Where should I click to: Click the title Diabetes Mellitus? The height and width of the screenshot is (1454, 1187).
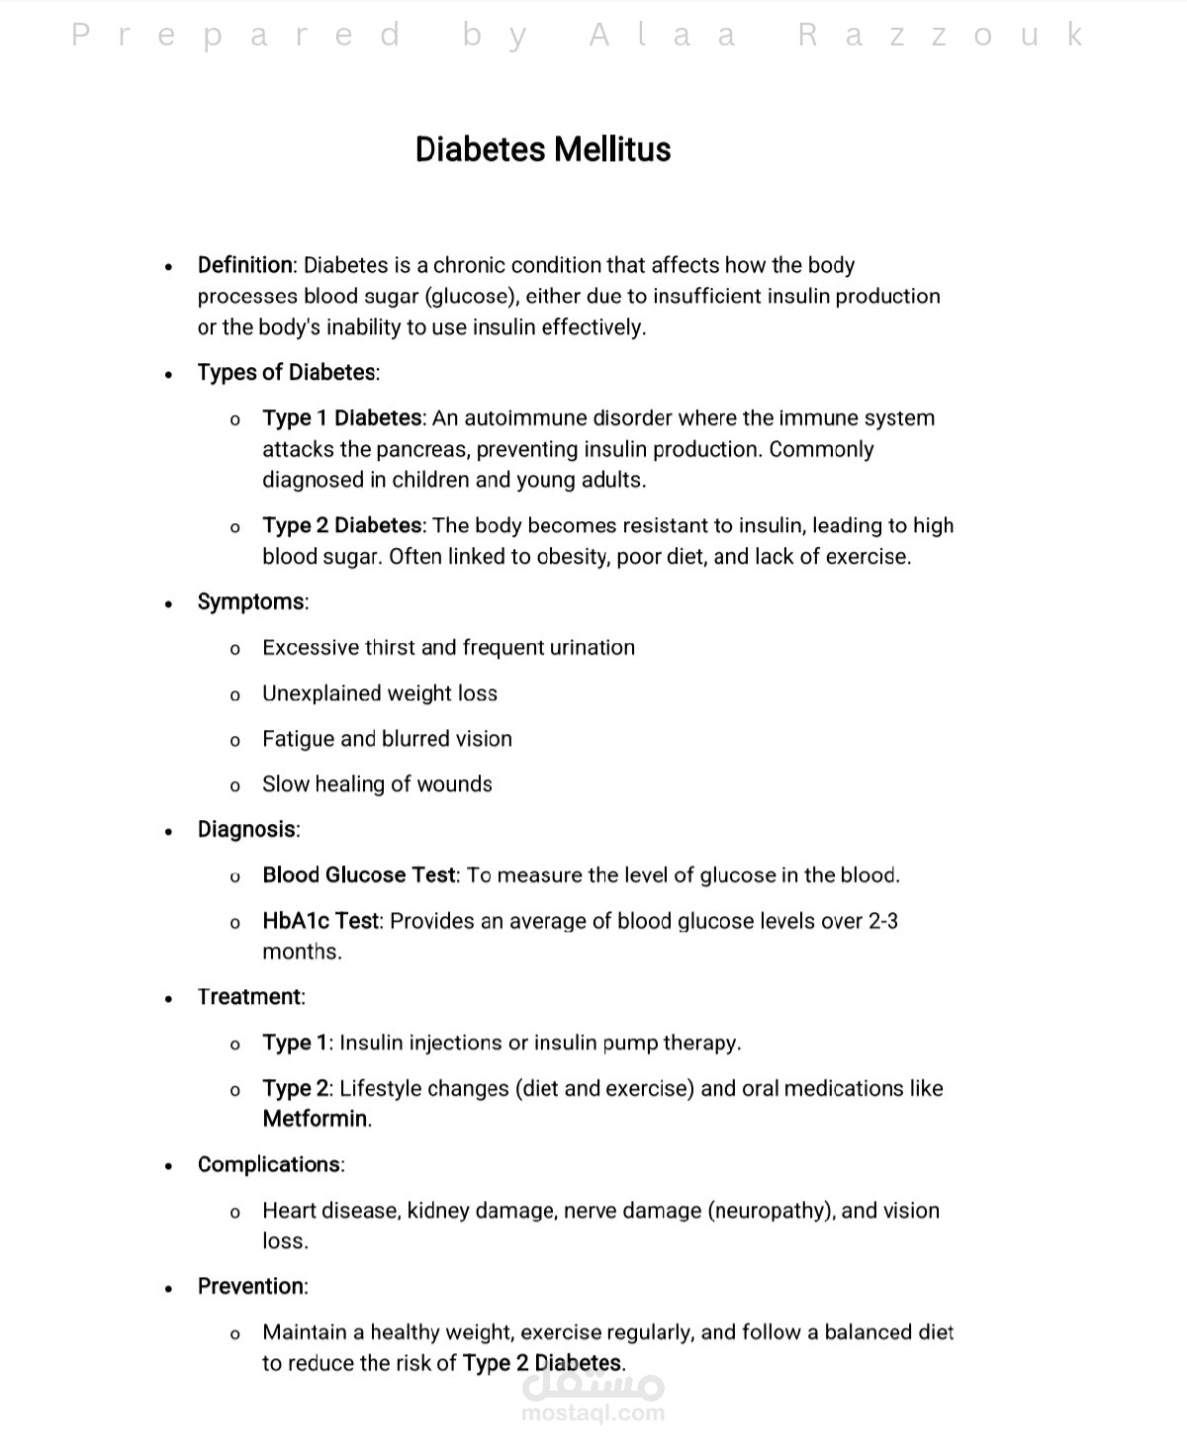(543, 149)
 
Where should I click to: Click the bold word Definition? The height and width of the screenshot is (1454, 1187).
(245, 265)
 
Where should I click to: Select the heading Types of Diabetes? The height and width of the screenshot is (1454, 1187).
(287, 373)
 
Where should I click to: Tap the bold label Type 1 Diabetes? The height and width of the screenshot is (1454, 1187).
(342, 418)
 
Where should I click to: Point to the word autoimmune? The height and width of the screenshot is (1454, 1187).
(515, 418)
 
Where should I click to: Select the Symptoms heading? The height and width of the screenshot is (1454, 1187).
(251, 602)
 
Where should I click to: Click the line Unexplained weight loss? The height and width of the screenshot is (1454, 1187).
(380, 693)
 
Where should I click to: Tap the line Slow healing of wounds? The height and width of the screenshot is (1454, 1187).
(377, 784)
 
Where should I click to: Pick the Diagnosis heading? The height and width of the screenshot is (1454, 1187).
(247, 830)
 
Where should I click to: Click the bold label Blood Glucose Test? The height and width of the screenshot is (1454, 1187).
(359, 875)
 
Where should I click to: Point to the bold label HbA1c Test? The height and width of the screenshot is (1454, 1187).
(320, 921)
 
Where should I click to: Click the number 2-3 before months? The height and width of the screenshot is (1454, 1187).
(883, 921)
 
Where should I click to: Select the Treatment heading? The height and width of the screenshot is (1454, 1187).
(250, 997)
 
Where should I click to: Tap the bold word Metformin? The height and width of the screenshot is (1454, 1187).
(316, 1120)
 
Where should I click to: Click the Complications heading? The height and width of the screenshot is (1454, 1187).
(269, 1165)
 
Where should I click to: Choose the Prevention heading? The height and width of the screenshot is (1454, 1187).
(251, 1287)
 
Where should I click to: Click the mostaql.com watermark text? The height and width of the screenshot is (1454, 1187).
(593, 1412)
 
